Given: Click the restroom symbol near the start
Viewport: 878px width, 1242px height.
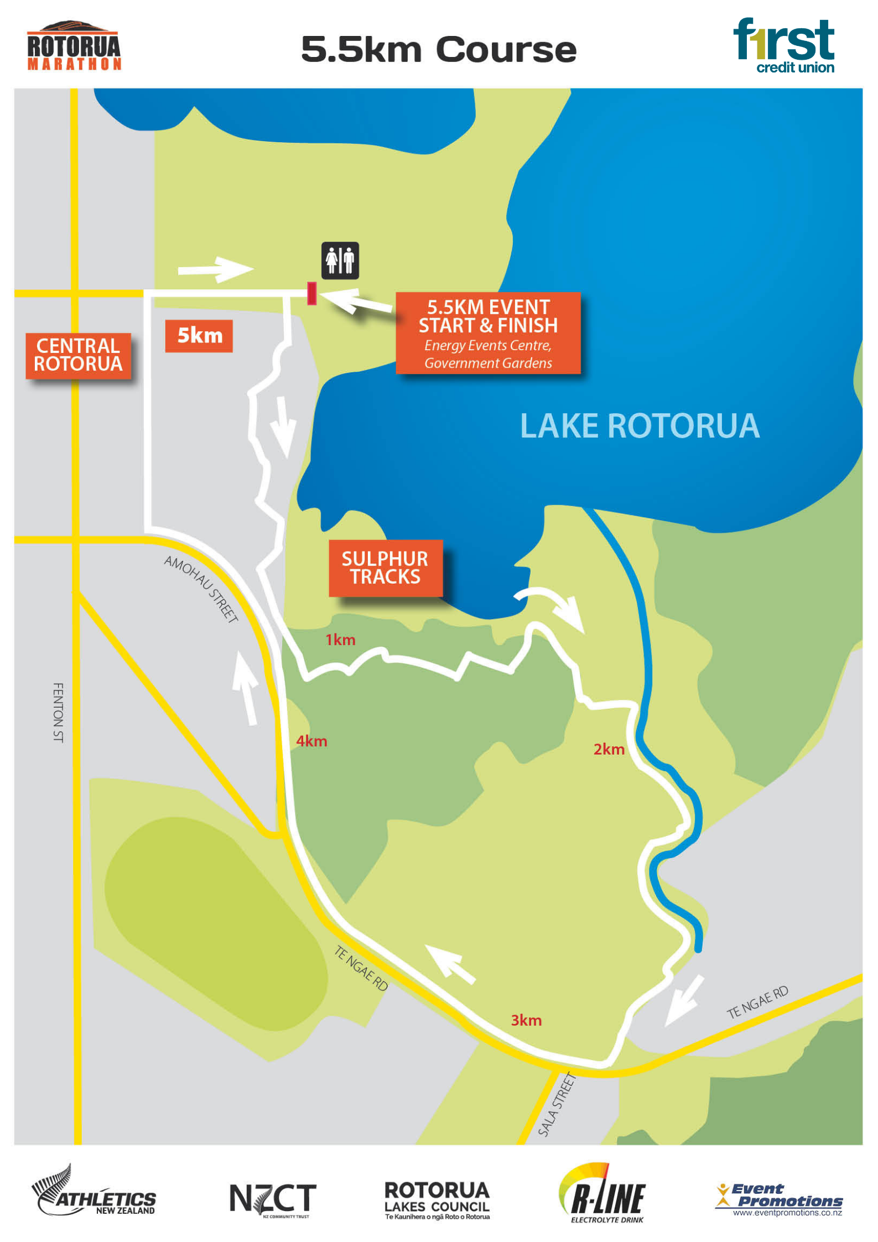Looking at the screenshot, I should click(x=340, y=260).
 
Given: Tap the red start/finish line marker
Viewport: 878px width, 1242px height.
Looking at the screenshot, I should click(x=311, y=293).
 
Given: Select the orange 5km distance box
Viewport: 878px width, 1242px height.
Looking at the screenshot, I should click(x=199, y=335).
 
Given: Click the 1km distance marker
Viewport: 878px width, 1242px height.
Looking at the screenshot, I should click(x=340, y=640).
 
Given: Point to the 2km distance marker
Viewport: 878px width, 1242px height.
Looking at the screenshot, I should click(x=609, y=749).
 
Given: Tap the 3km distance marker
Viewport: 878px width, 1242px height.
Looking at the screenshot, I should click(x=526, y=1020).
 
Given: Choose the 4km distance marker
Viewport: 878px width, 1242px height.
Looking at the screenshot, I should click(x=311, y=741).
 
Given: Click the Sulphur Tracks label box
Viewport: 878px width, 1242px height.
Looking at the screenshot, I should click(x=385, y=568).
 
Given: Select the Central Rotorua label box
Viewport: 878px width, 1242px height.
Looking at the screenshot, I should click(x=78, y=355).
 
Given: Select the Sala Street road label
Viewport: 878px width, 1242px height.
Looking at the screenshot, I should click(x=557, y=1104).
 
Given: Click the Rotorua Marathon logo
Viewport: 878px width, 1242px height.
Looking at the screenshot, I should click(x=74, y=46).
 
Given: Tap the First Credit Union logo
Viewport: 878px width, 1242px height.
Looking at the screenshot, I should click(x=784, y=45).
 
